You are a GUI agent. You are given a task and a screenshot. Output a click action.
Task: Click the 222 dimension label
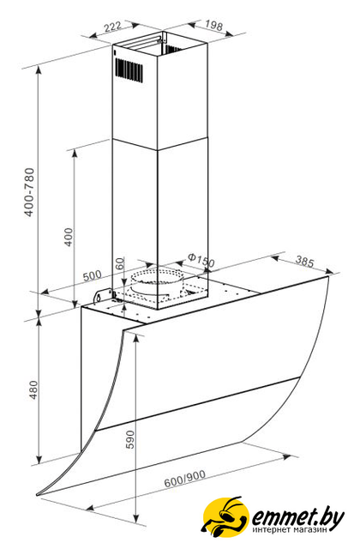coord(113,27)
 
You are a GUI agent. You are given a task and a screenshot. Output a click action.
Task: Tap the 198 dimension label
coord(213,25)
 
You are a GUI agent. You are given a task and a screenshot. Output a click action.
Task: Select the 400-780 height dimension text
coord(30,192)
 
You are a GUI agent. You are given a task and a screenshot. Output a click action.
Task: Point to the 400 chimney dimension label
coord(69,237)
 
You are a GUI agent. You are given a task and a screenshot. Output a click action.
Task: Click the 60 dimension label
coord(120,263)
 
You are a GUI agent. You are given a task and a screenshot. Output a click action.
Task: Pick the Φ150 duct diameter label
coord(201,260)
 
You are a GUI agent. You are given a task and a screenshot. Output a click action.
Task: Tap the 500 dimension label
coord(92,275)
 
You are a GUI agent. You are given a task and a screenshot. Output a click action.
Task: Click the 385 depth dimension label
coord(305,261)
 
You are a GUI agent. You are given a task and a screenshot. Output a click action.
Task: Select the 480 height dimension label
coord(33,389)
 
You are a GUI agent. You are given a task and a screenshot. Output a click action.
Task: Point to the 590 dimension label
coord(129,439)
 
